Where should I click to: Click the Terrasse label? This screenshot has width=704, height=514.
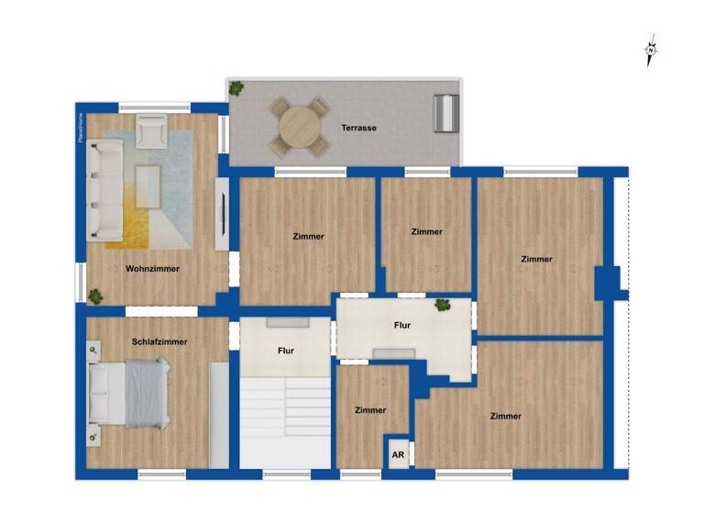[359, 128]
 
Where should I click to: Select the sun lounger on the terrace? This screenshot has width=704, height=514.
[447, 114]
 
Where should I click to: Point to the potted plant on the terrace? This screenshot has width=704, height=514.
[236, 88]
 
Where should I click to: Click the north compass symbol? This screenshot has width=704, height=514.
[651, 51]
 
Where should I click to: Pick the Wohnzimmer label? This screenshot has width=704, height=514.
[152, 269]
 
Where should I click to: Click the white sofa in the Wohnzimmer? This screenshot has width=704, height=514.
[103, 191]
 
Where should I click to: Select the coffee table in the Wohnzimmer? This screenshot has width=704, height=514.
[148, 188]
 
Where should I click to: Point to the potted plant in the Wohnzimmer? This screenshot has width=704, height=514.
[94, 296]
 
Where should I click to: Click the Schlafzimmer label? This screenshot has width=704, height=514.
[159, 341]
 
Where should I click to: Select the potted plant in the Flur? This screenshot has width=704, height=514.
[443, 305]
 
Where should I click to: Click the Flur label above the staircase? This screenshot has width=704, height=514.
[285, 351]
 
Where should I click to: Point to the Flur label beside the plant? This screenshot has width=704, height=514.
[401, 325]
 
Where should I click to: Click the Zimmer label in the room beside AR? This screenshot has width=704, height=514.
[370, 410]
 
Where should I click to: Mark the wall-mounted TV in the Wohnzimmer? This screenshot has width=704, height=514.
[220, 213]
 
